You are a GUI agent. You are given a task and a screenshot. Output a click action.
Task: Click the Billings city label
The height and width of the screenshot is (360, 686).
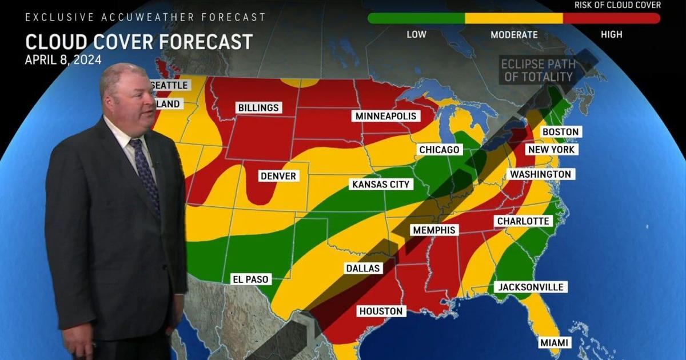(258, 107)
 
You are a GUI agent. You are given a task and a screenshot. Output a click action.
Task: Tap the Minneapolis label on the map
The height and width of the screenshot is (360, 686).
(386, 116)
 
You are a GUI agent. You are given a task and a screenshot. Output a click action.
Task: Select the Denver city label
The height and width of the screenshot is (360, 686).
(278, 176)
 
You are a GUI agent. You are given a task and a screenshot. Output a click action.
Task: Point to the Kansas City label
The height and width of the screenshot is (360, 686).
(381, 185)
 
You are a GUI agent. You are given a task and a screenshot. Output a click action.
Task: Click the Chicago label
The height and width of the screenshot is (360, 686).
(439, 150)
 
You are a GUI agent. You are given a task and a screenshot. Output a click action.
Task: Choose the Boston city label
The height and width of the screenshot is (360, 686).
(560, 132)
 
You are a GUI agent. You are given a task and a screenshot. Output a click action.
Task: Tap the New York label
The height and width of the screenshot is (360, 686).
(551, 150)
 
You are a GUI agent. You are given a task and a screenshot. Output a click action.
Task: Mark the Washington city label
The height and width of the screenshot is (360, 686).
(540, 174)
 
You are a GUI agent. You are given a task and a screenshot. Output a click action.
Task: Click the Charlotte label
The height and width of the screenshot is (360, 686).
(523, 221)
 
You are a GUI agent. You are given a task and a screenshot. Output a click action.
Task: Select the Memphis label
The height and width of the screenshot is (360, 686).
(434, 230)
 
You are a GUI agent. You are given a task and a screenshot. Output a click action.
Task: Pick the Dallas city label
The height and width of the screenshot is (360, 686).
(362, 268)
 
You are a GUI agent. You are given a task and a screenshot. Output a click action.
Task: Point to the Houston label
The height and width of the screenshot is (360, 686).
(381, 311)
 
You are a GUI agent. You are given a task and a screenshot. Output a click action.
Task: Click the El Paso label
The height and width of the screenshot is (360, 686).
(250, 279)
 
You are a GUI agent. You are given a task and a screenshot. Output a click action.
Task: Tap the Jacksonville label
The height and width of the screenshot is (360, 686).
(530, 287)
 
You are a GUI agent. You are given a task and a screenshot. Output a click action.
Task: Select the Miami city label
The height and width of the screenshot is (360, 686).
(554, 342)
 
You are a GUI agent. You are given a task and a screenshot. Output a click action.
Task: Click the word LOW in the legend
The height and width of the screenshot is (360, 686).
(416, 34)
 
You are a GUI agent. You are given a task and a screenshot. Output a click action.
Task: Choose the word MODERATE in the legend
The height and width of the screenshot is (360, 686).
(514, 34)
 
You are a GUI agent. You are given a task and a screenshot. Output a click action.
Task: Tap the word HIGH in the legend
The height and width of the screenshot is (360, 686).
(611, 34)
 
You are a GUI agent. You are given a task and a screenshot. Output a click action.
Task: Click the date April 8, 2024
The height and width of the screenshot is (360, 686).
(63, 60)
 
